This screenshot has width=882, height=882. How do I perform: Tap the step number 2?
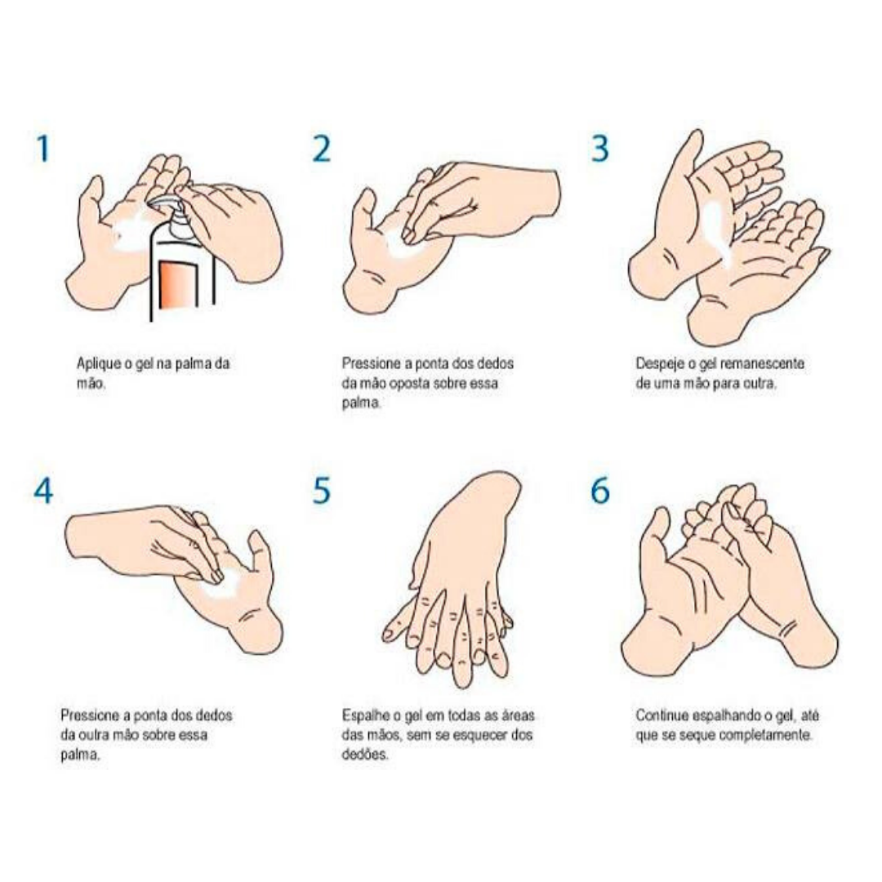[322, 149]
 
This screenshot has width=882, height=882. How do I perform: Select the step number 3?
[600, 149]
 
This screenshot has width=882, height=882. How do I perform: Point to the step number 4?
[42, 491]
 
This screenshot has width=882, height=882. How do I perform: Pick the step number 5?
[322, 491]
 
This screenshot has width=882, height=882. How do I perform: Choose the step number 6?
[600, 491]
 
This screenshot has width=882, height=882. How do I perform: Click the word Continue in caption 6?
[661, 715]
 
